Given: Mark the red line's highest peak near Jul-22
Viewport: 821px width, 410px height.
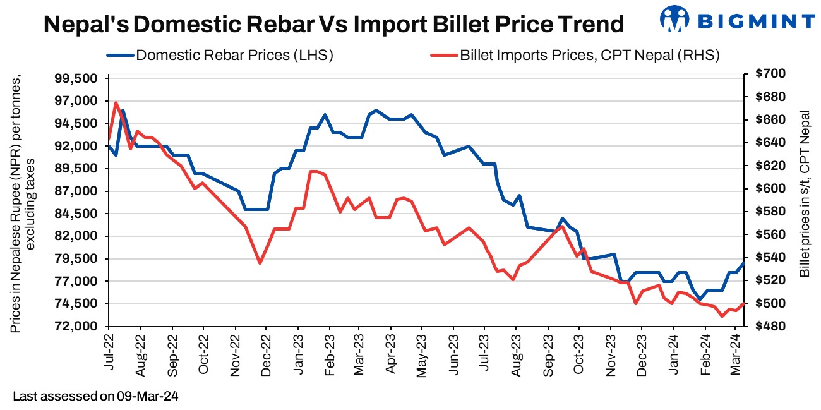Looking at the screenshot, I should [116, 102].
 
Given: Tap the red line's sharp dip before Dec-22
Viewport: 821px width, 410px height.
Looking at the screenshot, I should [260, 263].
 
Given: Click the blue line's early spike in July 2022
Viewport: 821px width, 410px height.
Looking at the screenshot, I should [123, 111].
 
